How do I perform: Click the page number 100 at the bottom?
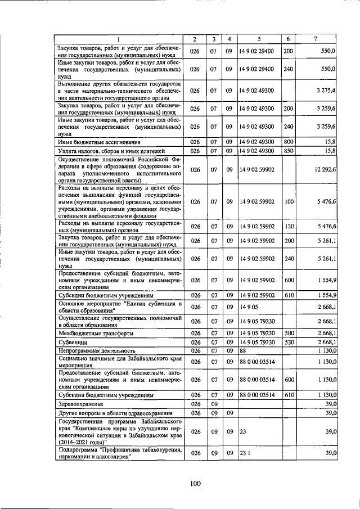click(195, 483)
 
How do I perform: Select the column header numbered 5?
click(259, 39)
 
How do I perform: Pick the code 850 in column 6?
click(288, 151)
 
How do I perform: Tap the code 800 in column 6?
click(288, 143)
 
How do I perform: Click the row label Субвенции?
click(73, 341)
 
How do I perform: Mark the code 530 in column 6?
click(288, 341)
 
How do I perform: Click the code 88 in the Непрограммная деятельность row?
click(244, 350)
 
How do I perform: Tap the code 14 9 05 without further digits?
click(248, 307)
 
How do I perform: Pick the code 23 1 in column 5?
click(245, 453)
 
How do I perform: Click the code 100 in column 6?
click(288, 201)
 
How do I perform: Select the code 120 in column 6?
click(288, 227)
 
